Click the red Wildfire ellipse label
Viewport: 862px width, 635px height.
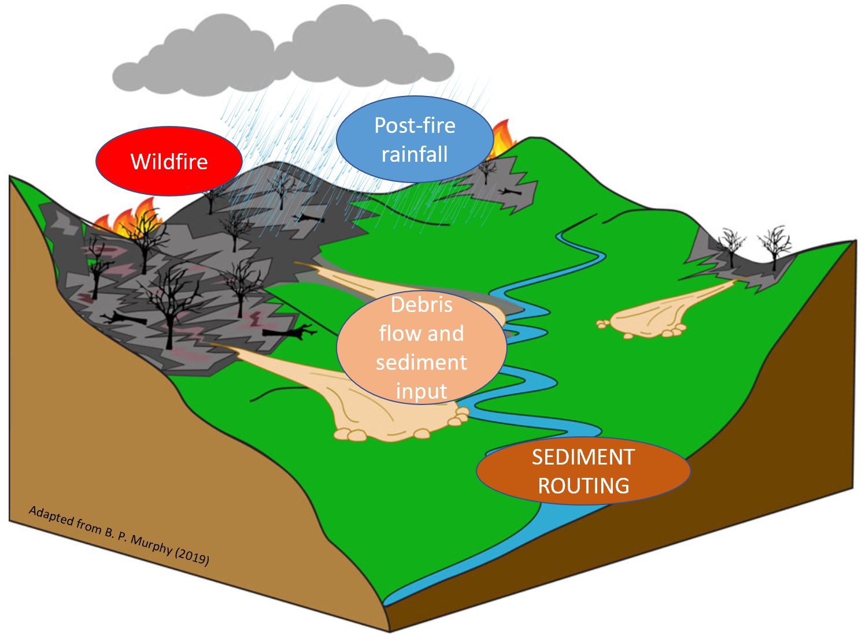(169, 161)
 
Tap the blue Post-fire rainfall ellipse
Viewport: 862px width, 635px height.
(415, 139)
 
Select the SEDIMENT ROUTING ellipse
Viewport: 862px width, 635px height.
(583, 471)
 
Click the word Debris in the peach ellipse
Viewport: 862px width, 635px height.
(422, 304)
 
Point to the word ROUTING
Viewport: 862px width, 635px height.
(583, 485)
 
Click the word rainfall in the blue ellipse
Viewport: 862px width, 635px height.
(415, 154)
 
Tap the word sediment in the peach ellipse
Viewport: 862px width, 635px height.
(421, 362)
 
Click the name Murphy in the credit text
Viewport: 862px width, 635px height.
(151, 544)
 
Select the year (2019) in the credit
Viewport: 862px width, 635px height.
(192, 558)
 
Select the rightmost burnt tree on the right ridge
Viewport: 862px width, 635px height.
(774, 246)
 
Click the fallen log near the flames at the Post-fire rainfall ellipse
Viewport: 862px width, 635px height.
(510, 191)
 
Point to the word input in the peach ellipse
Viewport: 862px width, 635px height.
(421, 392)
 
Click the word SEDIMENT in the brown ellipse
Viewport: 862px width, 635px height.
(583, 457)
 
